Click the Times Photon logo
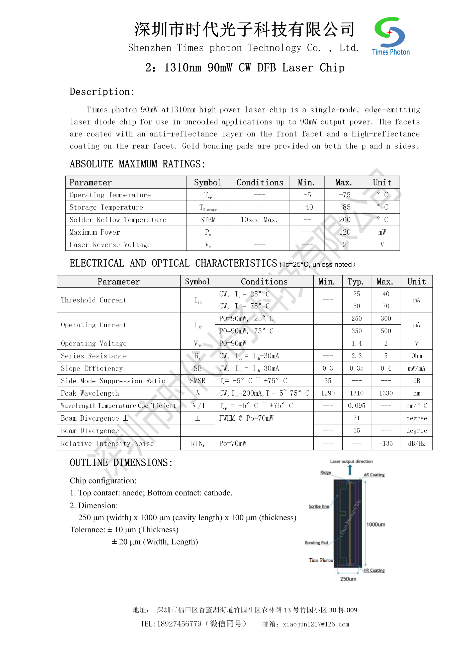pyautogui.click(x=390, y=36)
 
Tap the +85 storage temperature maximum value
pyautogui.click(x=345, y=207)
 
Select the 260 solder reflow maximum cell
pyautogui.click(x=345, y=220)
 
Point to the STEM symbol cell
pyautogui.click(x=208, y=220)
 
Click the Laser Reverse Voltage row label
pyautogui.click(x=110, y=245)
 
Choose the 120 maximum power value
pyautogui.click(x=345, y=232)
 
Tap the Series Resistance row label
pyautogui.click(x=94, y=356)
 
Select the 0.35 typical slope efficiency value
pyautogui.click(x=356, y=368)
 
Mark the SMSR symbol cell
pyautogui.click(x=198, y=381)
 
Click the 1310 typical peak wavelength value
pyautogui.click(x=356, y=393)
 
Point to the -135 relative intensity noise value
pyautogui.click(x=386, y=443)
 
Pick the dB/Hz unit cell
pyautogui.click(x=416, y=443)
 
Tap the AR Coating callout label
pyautogui.click(x=374, y=475)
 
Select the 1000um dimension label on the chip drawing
pyautogui.click(x=376, y=525)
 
